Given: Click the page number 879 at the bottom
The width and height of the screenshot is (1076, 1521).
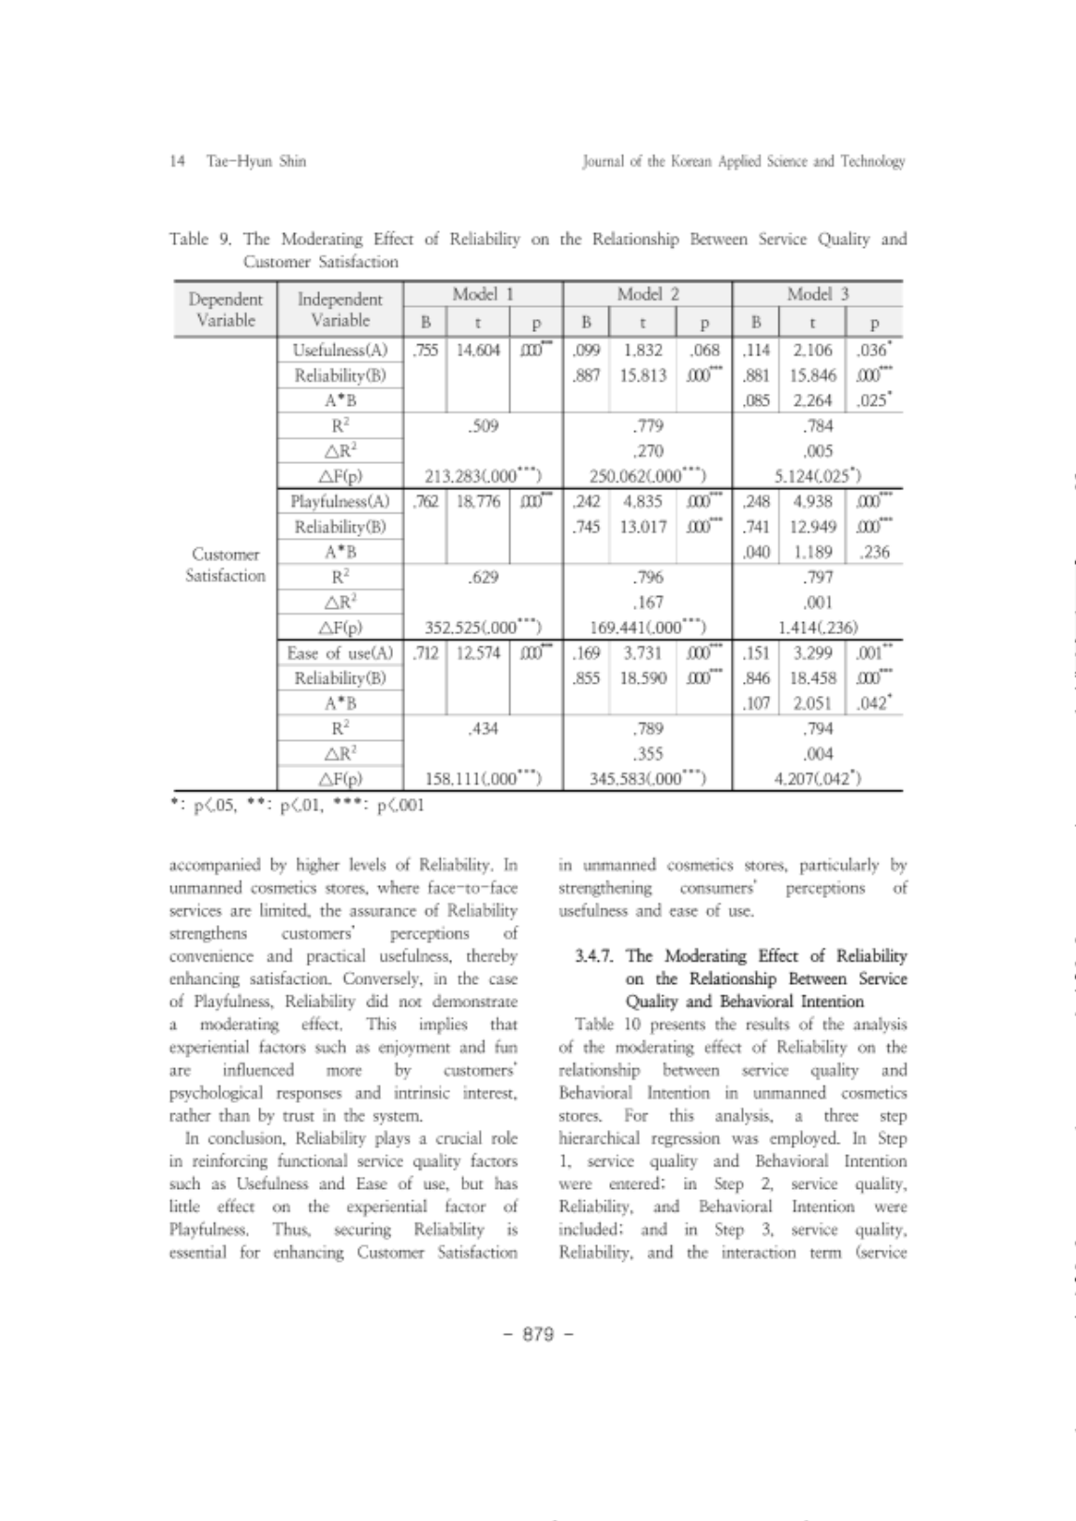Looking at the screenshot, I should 537,1334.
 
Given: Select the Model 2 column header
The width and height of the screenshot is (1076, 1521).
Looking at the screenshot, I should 647,294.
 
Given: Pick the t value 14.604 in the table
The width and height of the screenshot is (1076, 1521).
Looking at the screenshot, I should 477,351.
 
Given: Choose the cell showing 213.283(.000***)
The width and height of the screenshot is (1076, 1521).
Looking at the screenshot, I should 482,476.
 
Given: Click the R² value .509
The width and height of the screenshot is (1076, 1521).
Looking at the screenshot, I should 482,426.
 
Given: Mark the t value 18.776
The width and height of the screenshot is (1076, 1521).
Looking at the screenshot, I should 477,501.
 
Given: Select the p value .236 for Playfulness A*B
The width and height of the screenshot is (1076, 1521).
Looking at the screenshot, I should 873,552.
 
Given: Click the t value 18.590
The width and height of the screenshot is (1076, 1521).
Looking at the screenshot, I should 643,678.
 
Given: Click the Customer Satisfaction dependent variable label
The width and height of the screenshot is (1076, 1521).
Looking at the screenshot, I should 225,564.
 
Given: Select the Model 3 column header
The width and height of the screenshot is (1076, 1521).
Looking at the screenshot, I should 818,294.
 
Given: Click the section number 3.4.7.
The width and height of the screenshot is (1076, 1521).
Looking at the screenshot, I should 596,956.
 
